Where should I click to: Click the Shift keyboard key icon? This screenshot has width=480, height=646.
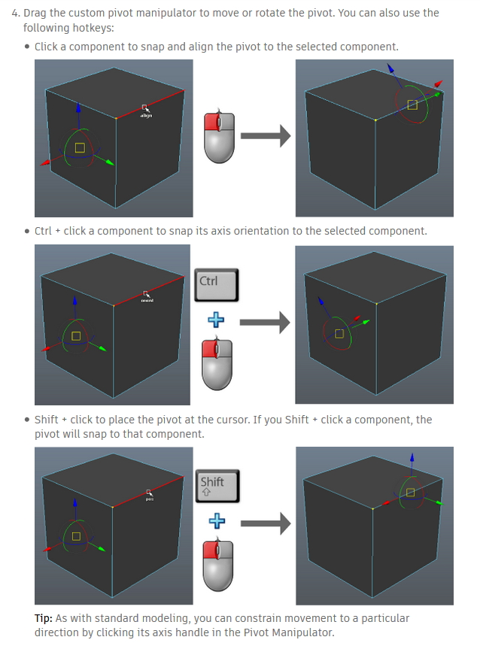pyautogui.click(x=217, y=487)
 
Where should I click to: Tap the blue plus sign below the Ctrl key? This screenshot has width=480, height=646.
pyautogui.click(x=217, y=320)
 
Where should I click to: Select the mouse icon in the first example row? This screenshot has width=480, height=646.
pyautogui.click(x=220, y=137)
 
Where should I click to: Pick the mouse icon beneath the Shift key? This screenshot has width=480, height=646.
pyautogui.click(x=217, y=565)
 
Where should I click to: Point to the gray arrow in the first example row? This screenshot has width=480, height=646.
pyautogui.click(x=265, y=136)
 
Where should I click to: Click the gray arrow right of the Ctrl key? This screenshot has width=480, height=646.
pyautogui.click(x=265, y=323)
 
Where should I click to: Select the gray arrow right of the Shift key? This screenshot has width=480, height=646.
pyautogui.click(x=265, y=523)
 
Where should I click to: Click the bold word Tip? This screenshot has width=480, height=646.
pyautogui.click(x=43, y=618)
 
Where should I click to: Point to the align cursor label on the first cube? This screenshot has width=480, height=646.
pyautogui.click(x=146, y=115)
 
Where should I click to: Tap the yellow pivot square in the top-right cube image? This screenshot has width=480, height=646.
pyautogui.click(x=412, y=105)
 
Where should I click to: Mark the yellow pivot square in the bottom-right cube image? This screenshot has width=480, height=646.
pyautogui.click(x=410, y=492)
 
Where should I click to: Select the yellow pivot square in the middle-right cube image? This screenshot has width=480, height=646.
pyautogui.click(x=339, y=333)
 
